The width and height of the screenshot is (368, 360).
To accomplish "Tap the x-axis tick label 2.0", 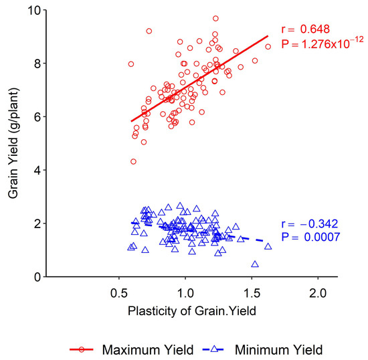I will click(318, 292).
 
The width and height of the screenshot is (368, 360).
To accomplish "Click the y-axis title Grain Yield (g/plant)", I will click(14, 143).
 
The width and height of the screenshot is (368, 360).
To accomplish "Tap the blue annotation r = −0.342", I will click(312, 223).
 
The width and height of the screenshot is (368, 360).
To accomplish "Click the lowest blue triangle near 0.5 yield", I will click(255, 264).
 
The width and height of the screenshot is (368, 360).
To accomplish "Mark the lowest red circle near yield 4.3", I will click(133, 161).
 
